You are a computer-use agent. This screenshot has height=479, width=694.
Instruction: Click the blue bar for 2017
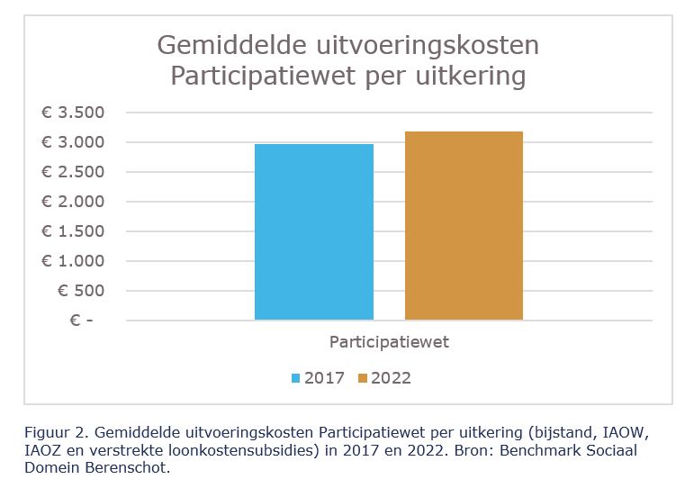[x=313, y=231]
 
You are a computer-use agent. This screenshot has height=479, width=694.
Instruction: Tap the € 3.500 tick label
[x=73, y=113]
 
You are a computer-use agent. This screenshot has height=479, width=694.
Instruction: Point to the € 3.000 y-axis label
[x=73, y=142]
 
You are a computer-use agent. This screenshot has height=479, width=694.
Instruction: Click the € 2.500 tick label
[x=73, y=172]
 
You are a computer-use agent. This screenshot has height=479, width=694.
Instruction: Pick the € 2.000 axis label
[x=73, y=202]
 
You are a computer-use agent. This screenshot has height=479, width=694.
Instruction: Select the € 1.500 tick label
[x=73, y=231]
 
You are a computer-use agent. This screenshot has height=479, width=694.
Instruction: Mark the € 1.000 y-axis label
[x=73, y=261]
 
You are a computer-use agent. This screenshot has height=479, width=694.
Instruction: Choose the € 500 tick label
[x=80, y=291]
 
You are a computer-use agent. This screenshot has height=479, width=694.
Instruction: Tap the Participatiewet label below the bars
[x=389, y=343]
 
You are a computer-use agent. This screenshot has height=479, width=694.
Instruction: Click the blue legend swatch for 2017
[x=295, y=378]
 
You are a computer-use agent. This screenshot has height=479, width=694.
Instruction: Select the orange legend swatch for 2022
[x=362, y=378]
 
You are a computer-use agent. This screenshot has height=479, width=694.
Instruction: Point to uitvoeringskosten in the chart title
[x=431, y=45]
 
